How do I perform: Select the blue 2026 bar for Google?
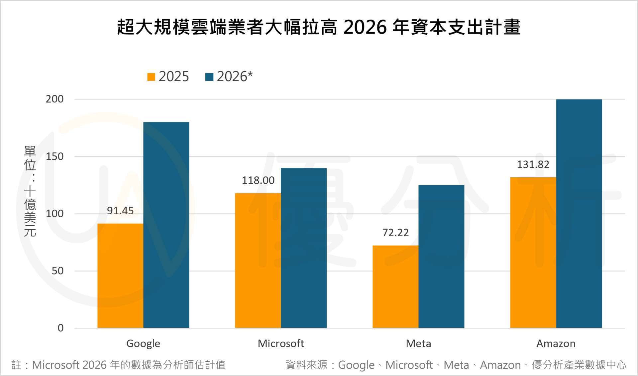(166, 225)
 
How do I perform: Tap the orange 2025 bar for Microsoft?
(258, 261)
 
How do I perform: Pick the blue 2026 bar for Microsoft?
(304, 248)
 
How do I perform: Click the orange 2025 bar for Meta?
(395, 286)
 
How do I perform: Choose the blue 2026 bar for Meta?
(441, 256)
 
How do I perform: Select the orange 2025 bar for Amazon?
(533, 253)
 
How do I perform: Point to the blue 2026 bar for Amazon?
(579, 214)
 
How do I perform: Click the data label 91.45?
(120, 211)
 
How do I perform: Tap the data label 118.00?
(258, 180)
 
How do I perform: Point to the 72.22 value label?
(395, 233)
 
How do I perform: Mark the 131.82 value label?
(533, 164)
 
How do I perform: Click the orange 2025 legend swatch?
(151, 77)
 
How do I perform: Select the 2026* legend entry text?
(235, 77)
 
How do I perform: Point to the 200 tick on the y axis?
(54, 99)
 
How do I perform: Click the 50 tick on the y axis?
(57, 271)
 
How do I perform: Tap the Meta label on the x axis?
(418, 343)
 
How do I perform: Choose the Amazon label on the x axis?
(556, 343)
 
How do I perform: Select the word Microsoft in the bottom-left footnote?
(55, 365)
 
